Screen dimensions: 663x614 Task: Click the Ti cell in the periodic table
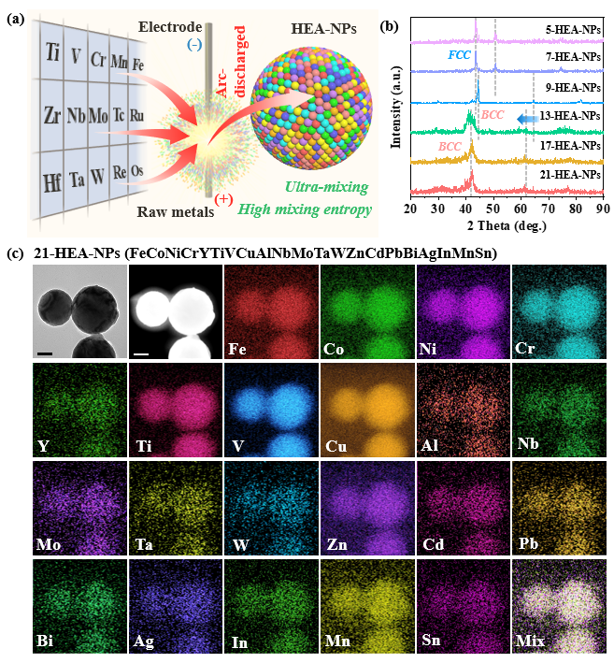(51, 50)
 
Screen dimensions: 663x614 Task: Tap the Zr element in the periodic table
(51, 116)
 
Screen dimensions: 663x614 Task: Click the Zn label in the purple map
(335, 544)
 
